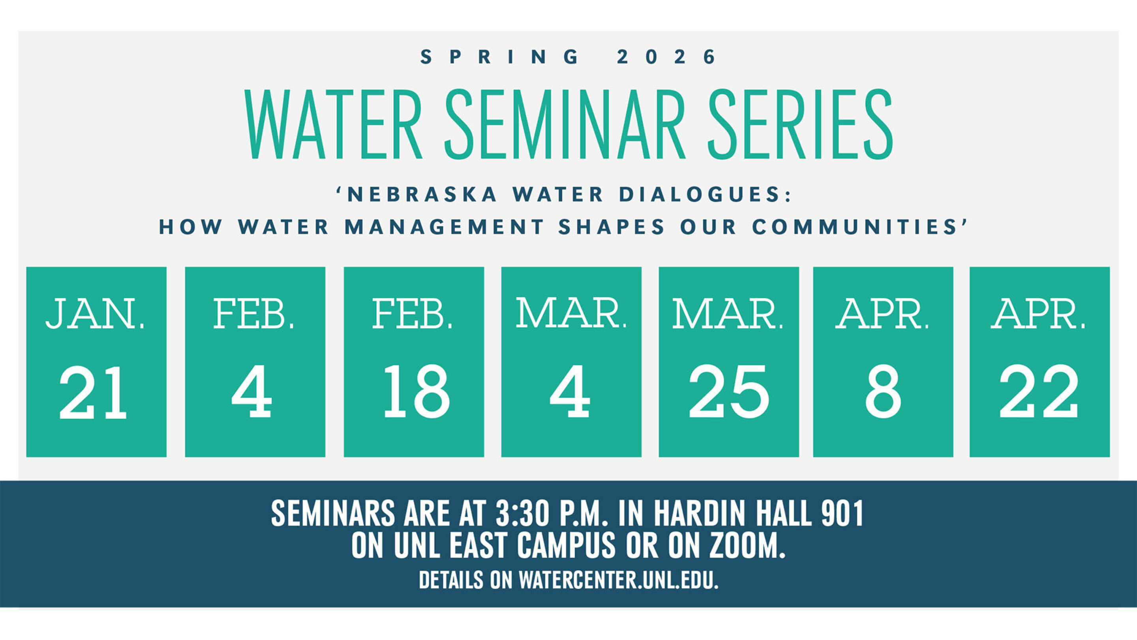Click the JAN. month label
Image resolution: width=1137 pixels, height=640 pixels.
(95, 314)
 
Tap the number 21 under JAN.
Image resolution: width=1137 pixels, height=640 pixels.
(93, 392)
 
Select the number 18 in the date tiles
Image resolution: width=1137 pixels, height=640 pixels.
(417, 392)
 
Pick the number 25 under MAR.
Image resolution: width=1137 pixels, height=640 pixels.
(729, 392)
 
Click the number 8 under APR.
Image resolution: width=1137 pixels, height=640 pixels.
(883, 392)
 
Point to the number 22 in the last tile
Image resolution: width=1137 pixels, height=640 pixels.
(1039, 392)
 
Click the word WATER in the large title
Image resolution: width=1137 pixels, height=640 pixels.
(334, 124)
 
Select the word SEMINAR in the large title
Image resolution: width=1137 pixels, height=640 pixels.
(565, 124)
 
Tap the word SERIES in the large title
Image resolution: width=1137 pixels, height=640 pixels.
(800, 124)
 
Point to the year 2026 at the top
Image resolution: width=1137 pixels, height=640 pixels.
(666, 57)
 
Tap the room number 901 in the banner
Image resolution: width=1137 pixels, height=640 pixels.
(842, 513)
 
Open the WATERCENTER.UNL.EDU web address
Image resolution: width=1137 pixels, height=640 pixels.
(618, 580)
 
